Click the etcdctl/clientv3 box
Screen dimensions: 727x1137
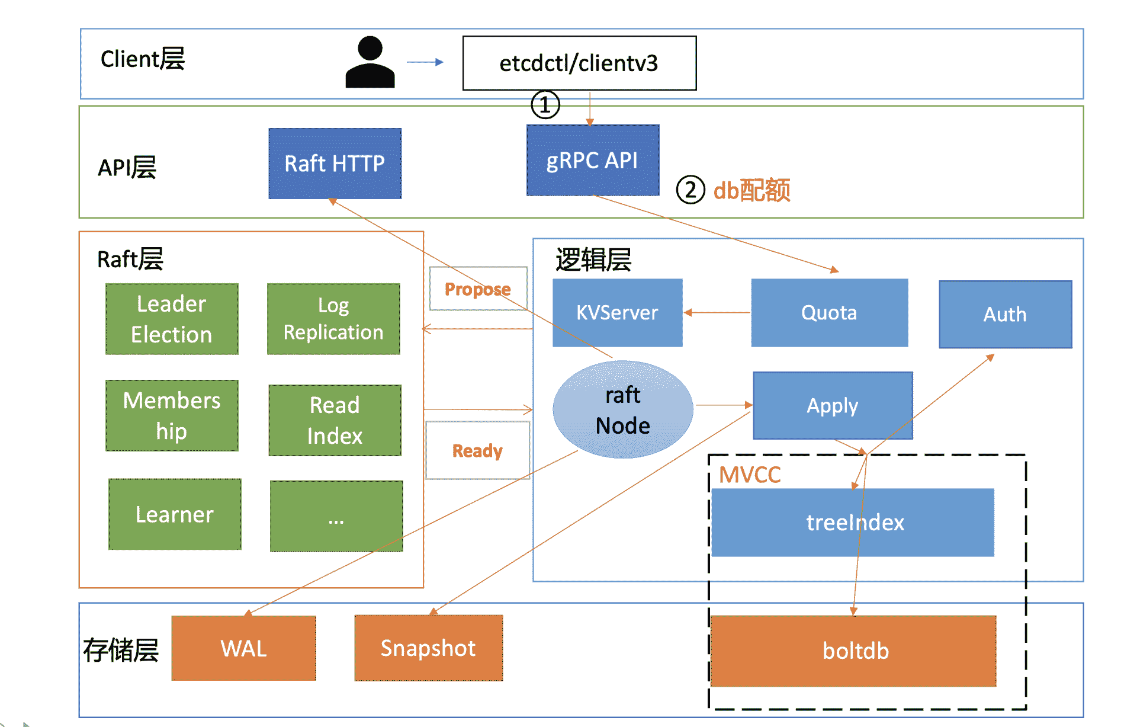tap(579, 63)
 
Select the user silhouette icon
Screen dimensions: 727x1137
tap(370, 62)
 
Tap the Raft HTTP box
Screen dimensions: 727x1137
tap(335, 164)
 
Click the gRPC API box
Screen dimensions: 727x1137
tap(592, 160)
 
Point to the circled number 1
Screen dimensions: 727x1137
tap(545, 105)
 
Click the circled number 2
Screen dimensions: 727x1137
tap(690, 190)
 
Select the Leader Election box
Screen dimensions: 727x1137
tap(172, 319)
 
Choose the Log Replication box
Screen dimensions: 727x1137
tap(333, 319)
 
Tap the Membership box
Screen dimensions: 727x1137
tap(172, 415)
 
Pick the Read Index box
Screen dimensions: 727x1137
tap(335, 420)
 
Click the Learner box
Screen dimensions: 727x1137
tap(175, 514)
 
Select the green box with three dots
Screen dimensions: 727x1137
tap(336, 516)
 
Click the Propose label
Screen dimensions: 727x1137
tap(477, 289)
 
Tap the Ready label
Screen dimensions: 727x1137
tap(477, 451)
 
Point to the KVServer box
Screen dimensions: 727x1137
tap(617, 312)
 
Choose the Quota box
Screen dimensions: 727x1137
tap(829, 312)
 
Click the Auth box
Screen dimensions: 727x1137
tap(1005, 314)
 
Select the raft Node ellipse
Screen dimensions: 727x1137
tap(622, 409)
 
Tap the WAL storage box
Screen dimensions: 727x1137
tap(243, 648)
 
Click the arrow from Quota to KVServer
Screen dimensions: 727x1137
tap(717, 312)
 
